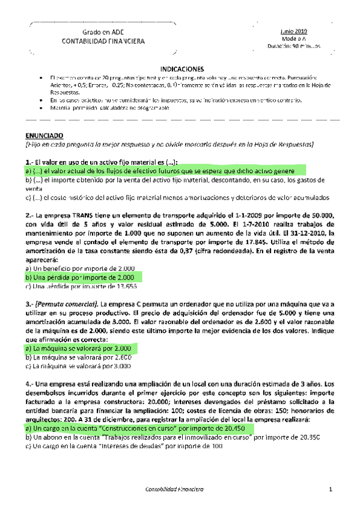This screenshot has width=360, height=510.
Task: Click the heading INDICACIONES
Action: pyautogui.click(x=183, y=69)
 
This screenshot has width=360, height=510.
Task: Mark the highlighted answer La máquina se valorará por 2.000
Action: pyautogui.click(x=79, y=348)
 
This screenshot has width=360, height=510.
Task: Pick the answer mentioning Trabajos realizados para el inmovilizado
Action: pyautogui.click(x=156, y=438)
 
